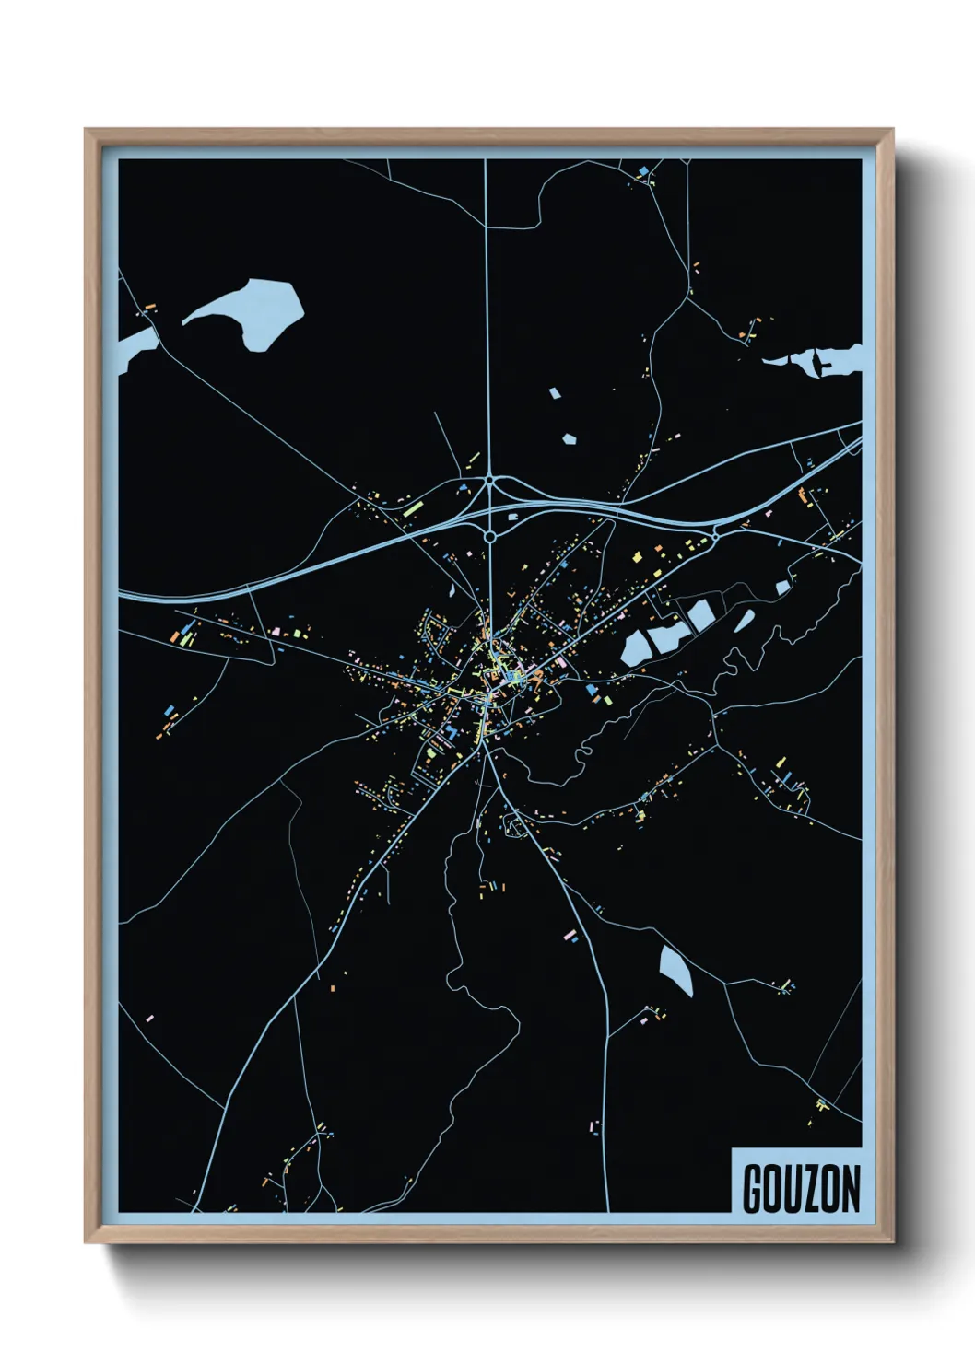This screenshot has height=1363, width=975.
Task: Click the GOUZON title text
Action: click(801, 1188)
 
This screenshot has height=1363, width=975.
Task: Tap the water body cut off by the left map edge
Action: click(135, 348)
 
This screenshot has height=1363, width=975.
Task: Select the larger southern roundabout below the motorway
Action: click(490, 535)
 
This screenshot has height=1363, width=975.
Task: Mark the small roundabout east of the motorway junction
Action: click(716, 533)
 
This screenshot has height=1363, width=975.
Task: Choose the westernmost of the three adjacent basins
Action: click(637, 647)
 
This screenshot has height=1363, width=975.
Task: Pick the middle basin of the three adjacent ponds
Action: click(667, 634)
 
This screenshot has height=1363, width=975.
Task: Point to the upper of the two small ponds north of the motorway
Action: click(554, 393)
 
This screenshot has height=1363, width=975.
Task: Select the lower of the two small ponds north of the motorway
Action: click(570, 439)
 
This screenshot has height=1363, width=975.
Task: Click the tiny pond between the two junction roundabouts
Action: click(511, 517)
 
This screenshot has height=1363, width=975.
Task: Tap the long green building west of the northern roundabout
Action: click(412, 506)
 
